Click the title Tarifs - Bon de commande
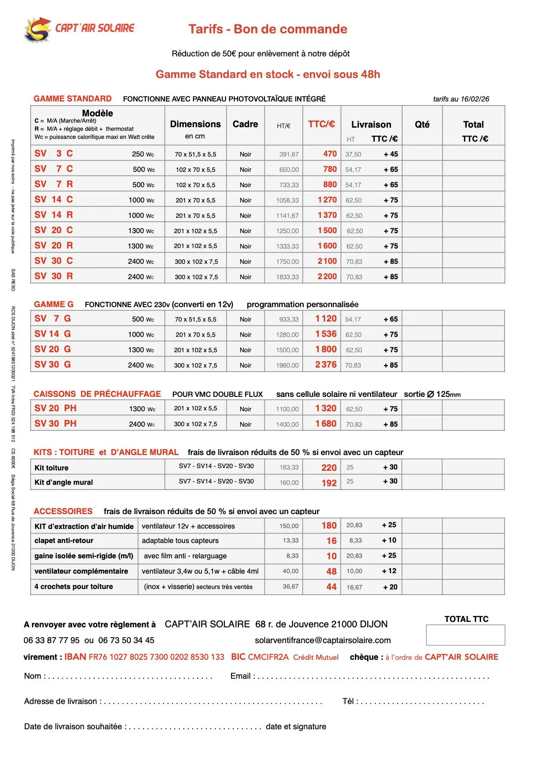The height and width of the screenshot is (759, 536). point(268,29)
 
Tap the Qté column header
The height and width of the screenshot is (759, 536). point(422,124)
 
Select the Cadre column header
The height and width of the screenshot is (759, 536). point(245,124)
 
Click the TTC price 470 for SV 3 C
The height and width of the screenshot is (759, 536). point(330,154)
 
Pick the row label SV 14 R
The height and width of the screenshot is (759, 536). point(54,215)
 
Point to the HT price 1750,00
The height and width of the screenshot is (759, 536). point(287,262)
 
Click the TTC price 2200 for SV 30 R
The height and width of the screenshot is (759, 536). point(327,276)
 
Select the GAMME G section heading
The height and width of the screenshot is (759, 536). point(54,304)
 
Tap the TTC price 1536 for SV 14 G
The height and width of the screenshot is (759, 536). point(326,334)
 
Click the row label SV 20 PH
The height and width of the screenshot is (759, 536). point(55,408)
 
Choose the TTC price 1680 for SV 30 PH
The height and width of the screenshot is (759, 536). point(326,424)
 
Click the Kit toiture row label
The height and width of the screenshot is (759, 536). point(52,468)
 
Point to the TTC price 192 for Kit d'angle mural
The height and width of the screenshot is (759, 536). point(329,483)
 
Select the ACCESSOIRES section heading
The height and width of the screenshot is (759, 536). point(63,511)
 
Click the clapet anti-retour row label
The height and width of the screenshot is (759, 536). point(64,540)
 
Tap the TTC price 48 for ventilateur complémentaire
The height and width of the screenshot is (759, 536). point(332,571)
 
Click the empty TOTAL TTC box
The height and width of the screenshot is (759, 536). point(465,635)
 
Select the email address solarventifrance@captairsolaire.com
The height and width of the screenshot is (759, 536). point(323,640)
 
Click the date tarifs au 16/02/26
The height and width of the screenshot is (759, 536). point(461,99)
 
